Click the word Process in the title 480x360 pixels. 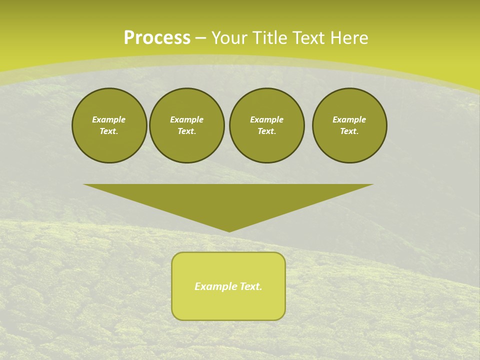pos(157,38)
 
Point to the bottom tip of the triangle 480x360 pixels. pos(229,231)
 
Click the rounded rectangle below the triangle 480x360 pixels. pos(228,305)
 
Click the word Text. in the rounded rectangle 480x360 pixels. pos(251,286)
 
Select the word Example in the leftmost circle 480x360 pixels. pos(109,119)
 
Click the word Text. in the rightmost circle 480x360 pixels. pos(349,131)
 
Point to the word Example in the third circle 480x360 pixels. pos(266,119)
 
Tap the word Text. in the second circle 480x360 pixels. pos(186,131)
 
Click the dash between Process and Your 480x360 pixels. pos(201,38)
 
